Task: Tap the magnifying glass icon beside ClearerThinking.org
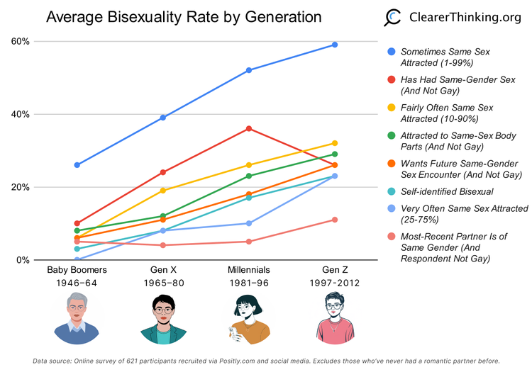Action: click(x=393, y=18)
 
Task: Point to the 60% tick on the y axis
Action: click(x=20, y=41)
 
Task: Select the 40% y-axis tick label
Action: click(x=20, y=114)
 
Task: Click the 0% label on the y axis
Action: click(x=23, y=260)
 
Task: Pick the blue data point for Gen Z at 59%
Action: click(x=335, y=45)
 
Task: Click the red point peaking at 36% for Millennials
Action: click(x=249, y=128)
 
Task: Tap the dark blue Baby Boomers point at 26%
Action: click(x=77, y=165)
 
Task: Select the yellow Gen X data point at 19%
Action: click(x=163, y=191)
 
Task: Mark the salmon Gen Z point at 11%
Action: click(x=335, y=220)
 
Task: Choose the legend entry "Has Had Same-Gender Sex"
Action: click(x=458, y=79)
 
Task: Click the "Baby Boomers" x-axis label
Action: click(x=77, y=271)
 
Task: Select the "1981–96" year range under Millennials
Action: click(x=249, y=283)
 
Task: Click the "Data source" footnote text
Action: click(x=266, y=361)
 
